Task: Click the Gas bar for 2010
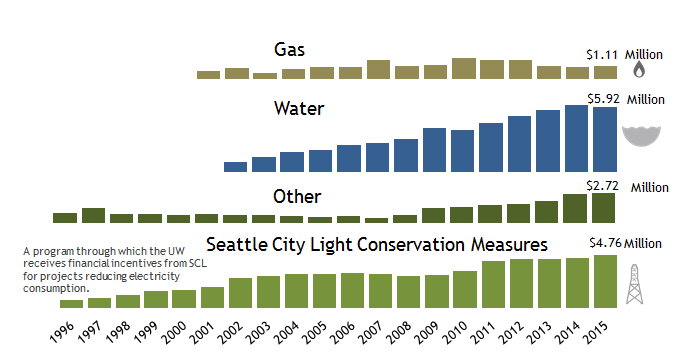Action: (464, 69)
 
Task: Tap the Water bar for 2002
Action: (235, 167)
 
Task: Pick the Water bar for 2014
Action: (576, 138)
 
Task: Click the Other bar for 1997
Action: (93, 216)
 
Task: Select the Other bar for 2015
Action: (603, 208)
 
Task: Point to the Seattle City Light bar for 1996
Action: (72, 304)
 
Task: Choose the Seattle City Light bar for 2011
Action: (493, 285)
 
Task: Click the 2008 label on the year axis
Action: (400, 333)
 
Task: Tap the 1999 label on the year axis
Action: (145, 333)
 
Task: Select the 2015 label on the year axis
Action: (596, 333)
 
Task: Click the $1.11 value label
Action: (602, 55)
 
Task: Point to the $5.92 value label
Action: (603, 99)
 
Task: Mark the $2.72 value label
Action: (602, 186)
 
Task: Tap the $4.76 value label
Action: (605, 242)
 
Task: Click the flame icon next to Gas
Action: (639, 69)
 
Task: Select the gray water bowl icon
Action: (641, 136)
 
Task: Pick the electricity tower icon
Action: (634, 284)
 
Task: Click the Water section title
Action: (299, 108)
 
